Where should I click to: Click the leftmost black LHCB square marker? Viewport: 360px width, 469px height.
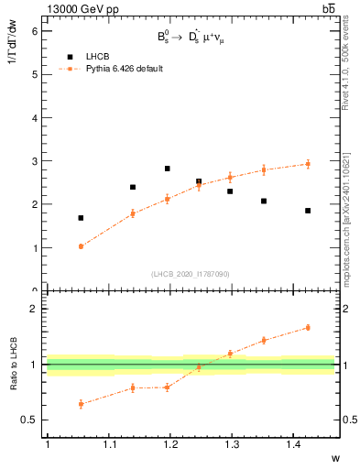pos(81,218)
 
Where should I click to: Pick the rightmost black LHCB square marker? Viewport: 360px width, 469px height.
pos(308,211)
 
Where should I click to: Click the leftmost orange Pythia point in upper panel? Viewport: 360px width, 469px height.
pos(81,246)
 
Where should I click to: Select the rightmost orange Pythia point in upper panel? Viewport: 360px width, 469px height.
pos(308,164)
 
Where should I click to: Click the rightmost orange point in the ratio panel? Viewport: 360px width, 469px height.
pos(308,327)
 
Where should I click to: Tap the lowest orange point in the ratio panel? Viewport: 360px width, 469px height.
pos(81,403)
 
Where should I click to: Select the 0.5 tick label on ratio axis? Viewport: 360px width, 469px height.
pos(30,420)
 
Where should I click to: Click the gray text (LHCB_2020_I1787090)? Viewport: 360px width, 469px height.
pos(191,274)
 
